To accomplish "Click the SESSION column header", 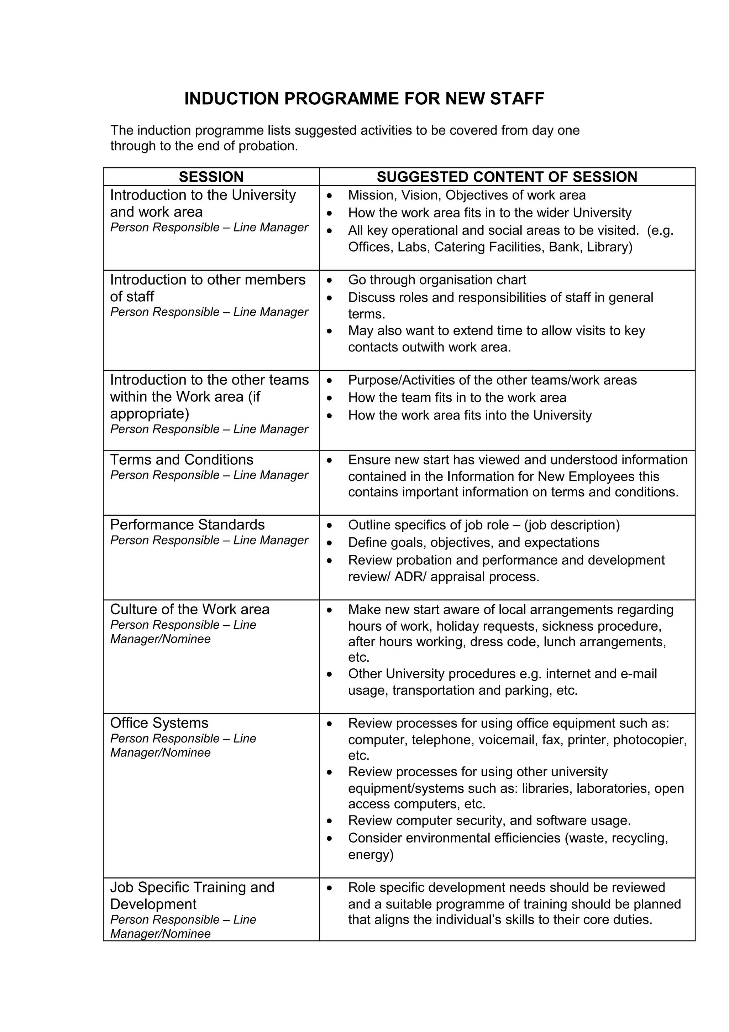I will [x=211, y=177].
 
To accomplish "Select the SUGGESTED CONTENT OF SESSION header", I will [x=507, y=177].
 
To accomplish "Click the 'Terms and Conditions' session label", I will [x=182, y=459].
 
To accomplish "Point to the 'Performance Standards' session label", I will [x=187, y=525].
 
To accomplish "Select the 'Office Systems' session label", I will [x=159, y=723].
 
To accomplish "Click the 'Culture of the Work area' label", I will [x=190, y=609].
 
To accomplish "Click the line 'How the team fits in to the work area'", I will [x=457, y=397].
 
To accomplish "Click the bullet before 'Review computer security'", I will [x=330, y=821].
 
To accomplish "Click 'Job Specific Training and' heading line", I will [x=192, y=887].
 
